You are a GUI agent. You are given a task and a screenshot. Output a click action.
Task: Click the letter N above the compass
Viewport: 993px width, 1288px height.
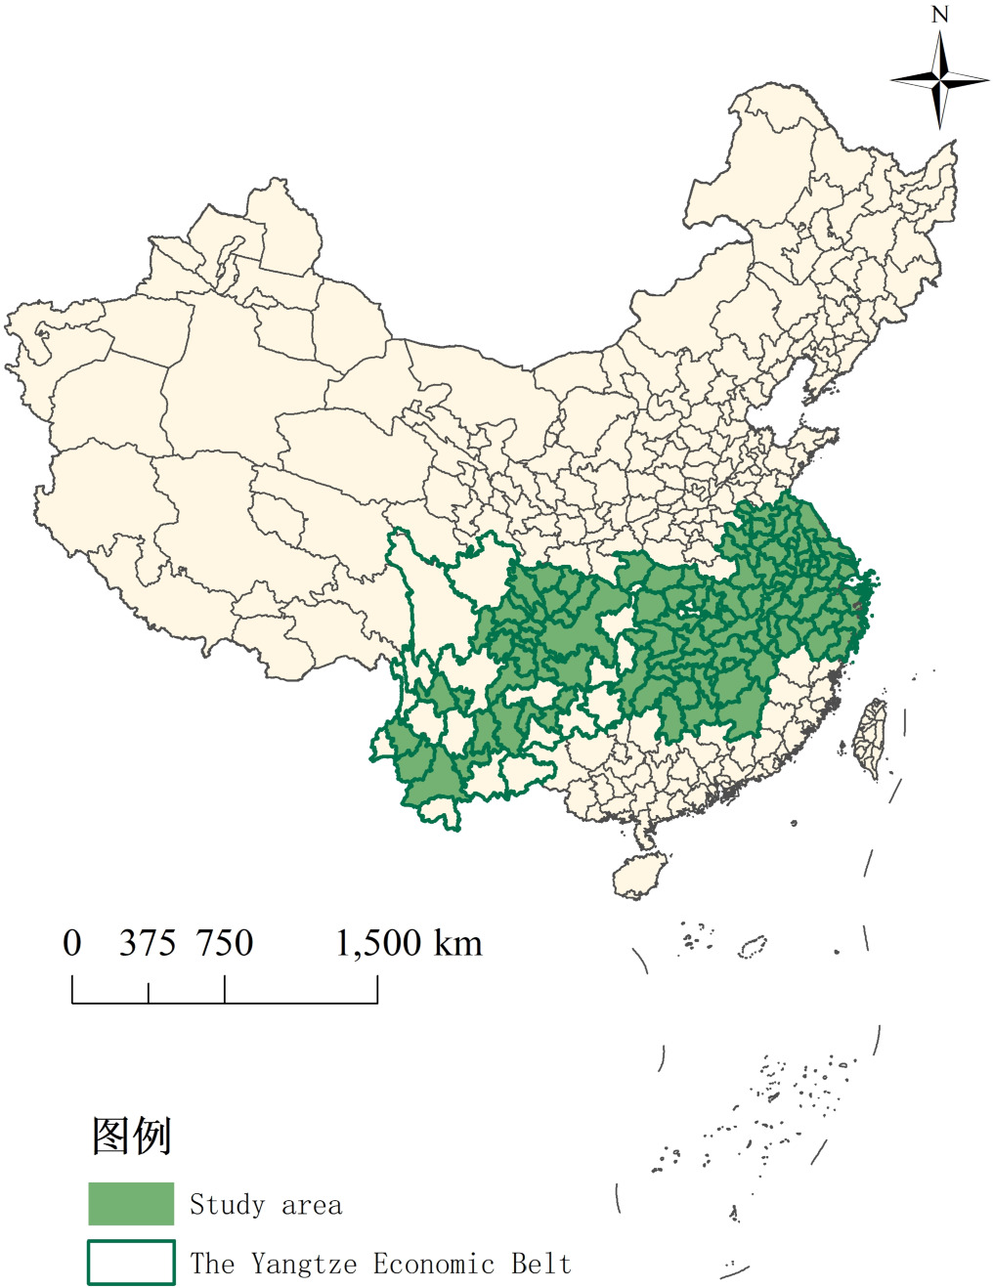click(940, 15)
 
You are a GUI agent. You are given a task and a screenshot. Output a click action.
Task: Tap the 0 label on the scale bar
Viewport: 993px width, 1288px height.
click(72, 944)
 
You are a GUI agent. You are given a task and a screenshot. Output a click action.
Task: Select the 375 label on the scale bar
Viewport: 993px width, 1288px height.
click(148, 944)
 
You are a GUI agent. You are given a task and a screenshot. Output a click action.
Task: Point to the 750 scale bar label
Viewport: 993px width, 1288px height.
click(225, 944)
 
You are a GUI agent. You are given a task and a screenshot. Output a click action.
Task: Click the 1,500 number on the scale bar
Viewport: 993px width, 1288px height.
click(378, 944)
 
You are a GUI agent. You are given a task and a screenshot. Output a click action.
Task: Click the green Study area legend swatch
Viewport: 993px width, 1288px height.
click(131, 1204)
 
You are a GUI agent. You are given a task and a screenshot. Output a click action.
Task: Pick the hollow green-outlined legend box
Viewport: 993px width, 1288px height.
click(131, 1262)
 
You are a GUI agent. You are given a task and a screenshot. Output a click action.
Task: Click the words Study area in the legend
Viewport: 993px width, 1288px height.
click(266, 1205)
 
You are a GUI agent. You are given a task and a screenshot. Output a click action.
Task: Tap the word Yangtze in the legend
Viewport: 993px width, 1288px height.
click(304, 1265)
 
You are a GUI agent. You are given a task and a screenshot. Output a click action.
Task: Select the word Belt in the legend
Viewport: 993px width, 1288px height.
click(541, 1264)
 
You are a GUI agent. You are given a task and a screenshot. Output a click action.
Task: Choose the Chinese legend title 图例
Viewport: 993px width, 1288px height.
click(132, 1136)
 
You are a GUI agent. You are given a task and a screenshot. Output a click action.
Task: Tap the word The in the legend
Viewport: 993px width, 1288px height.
click(212, 1264)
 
